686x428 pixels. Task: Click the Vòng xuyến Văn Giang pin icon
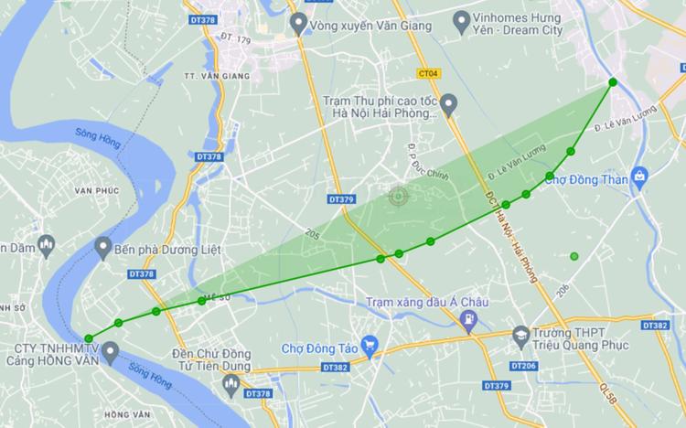click(x=297, y=24)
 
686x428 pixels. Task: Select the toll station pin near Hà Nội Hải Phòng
click(x=448, y=106)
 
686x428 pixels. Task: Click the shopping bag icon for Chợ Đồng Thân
click(x=639, y=174)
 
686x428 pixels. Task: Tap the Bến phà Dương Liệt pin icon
click(x=102, y=247)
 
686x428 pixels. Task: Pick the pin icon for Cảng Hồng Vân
click(x=110, y=350)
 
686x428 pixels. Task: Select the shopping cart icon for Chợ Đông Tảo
click(x=370, y=345)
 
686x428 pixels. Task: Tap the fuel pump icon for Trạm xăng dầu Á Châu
click(x=468, y=319)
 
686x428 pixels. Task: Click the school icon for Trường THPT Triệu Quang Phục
click(x=522, y=336)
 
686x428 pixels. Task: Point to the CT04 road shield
click(x=427, y=73)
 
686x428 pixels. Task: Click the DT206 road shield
click(x=524, y=366)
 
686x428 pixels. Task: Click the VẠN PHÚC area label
click(x=98, y=189)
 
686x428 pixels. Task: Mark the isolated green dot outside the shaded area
click(x=574, y=256)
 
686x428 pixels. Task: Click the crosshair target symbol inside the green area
click(x=397, y=196)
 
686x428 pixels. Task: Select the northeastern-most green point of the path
click(x=612, y=83)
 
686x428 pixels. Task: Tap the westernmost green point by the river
click(x=89, y=338)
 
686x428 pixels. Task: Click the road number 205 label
click(x=315, y=234)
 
